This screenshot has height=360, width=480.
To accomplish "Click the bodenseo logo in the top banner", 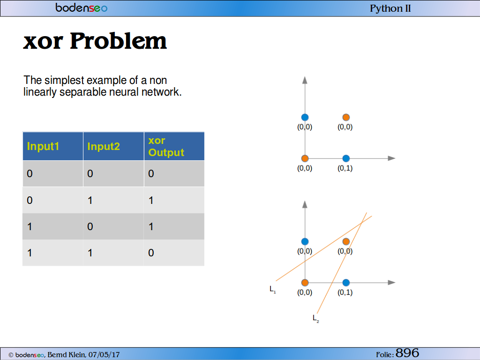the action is pyautogui.click(x=82, y=7).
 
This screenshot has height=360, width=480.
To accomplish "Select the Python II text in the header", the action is pyautogui.click(x=390, y=8).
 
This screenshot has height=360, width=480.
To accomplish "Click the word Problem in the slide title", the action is pyautogui.click(x=118, y=41).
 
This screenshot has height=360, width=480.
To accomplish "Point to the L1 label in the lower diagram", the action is pyautogui.click(x=272, y=289).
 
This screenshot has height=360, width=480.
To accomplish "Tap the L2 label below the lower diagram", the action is pyautogui.click(x=315, y=319).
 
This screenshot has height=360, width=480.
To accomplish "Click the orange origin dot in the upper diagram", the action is pyautogui.click(x=305, y=158).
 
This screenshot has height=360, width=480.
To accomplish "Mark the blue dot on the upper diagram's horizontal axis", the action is pyautogui.click(x=346, y=158).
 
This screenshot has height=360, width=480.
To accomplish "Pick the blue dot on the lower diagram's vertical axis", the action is pyautogui.click(x=305, y=241).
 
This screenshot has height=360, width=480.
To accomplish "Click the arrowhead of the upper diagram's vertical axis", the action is pyautogui.click(x=305, y=80).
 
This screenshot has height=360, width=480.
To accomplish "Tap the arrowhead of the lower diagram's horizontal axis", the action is pyautogui.click(x=391, y=283).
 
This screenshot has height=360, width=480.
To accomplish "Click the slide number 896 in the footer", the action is pyautogui.click(x=407, y=353).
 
